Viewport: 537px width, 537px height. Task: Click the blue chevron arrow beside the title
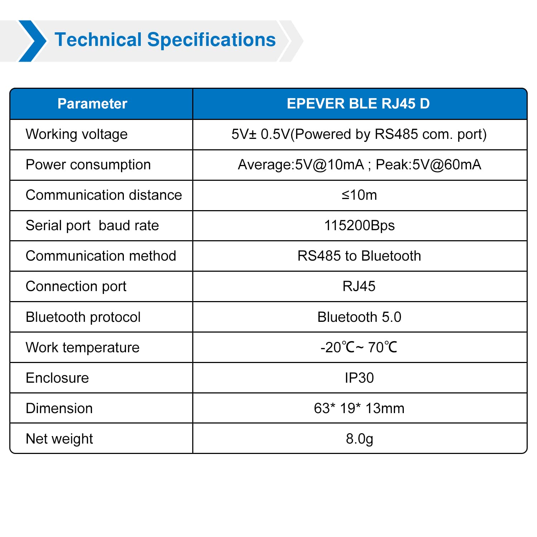[x=32, y=41]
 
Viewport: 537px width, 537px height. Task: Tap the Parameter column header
[x=92, y=104]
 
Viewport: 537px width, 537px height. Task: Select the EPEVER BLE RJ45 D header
[x=358, y=104]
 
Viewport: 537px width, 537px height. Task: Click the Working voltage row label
[x=77, y=135]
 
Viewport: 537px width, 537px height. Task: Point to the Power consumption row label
[x=88, y=165]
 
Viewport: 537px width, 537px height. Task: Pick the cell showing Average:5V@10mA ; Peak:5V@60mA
[x=359, y=165]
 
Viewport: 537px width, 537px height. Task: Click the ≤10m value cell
[x=359, y=195]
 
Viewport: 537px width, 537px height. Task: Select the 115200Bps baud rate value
[x=359, y=226]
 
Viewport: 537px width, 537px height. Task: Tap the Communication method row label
[x=101, y=256]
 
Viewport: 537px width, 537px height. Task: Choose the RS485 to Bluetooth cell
[x=359, y=256]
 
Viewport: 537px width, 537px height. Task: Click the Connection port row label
[x=76, y=287]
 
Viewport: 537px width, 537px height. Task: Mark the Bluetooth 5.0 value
[x=359, y=317]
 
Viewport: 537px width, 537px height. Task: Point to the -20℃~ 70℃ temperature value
[x=359, y=348]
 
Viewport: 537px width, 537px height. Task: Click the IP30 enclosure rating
[x=359, y=378]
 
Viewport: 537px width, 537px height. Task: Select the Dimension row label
[x=59, y=408]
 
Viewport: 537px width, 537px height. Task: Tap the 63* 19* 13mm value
[x=359, y=408]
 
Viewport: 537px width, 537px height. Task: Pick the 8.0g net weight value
[x=359, y=439]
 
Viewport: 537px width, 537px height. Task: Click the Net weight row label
[x=59, y=439]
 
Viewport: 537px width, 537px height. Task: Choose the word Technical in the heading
[x=98, y=40]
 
